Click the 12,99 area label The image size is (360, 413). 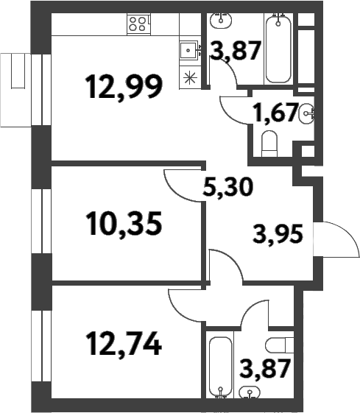coord(124,88)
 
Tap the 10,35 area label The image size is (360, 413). coord(124,222)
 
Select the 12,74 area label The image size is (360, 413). coord(123,342)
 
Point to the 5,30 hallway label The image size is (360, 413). coord(227,189)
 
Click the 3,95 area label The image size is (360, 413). coord(278,238)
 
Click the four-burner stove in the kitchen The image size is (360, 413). coord(138,23)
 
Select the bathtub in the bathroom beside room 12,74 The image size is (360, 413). coord(220,367)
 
